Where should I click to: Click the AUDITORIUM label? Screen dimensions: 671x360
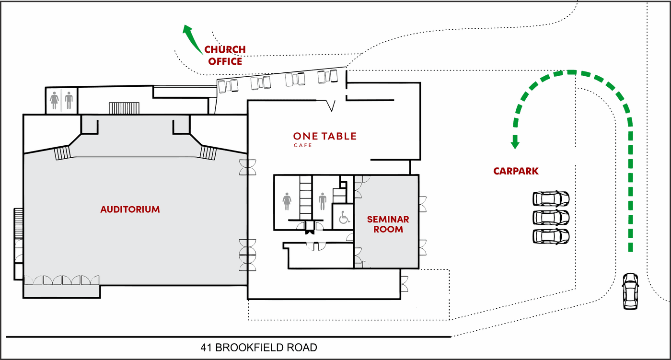coord(130,209)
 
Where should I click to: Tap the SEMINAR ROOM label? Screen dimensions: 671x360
coord(388,224)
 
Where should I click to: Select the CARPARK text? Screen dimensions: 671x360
coord(516,171)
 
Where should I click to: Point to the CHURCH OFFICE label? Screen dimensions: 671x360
coord(225,56)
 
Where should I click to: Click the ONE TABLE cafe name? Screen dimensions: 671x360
coord(325,136)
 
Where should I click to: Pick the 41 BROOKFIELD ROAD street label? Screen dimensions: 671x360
coord(259,348)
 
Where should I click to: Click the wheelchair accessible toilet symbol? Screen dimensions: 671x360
coord(344,217)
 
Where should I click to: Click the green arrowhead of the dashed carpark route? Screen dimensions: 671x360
coord(515,142)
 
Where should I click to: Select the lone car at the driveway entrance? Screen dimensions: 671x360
coord(630,291)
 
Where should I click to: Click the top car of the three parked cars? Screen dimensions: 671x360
coord(551,198)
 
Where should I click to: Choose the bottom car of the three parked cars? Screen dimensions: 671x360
coord(551,236)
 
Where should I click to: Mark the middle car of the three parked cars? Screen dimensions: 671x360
coord(551,218)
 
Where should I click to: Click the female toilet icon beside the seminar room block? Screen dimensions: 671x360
coord(287,201)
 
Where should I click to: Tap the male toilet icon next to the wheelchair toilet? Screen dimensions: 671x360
coord(322,201)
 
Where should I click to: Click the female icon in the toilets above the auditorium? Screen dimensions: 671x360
coord(54,100)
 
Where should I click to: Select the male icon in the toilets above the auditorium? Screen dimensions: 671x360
coord(69,100)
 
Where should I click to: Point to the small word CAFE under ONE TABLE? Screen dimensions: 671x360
coord(303,146)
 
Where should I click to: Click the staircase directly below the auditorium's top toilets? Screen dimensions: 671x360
coord(124,108)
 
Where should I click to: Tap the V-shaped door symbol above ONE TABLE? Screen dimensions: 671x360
coord(331,106)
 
